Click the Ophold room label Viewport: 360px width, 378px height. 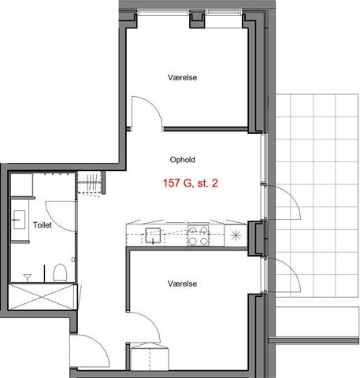(x=183, y=160)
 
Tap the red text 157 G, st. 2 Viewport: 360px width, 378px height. (x=191, y=183)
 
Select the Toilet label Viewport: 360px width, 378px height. (x=43, y=225)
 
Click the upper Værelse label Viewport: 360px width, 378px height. (x=182, y=77)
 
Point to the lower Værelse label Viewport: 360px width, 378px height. (x=182, y=283)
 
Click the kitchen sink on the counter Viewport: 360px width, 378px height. (x=153, y=235)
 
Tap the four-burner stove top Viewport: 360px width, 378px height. (x=198, y=235)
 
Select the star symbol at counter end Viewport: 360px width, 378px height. (x=236, y=235)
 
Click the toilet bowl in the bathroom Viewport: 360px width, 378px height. (x=60, y=273)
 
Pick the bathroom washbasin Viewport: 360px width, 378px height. (x=19, y=220)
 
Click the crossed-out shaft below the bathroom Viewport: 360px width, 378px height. (x=43, y=297)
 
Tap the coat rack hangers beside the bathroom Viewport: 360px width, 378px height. (x=90, y=183)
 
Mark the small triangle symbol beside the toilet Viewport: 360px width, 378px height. (x=28, y=277)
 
